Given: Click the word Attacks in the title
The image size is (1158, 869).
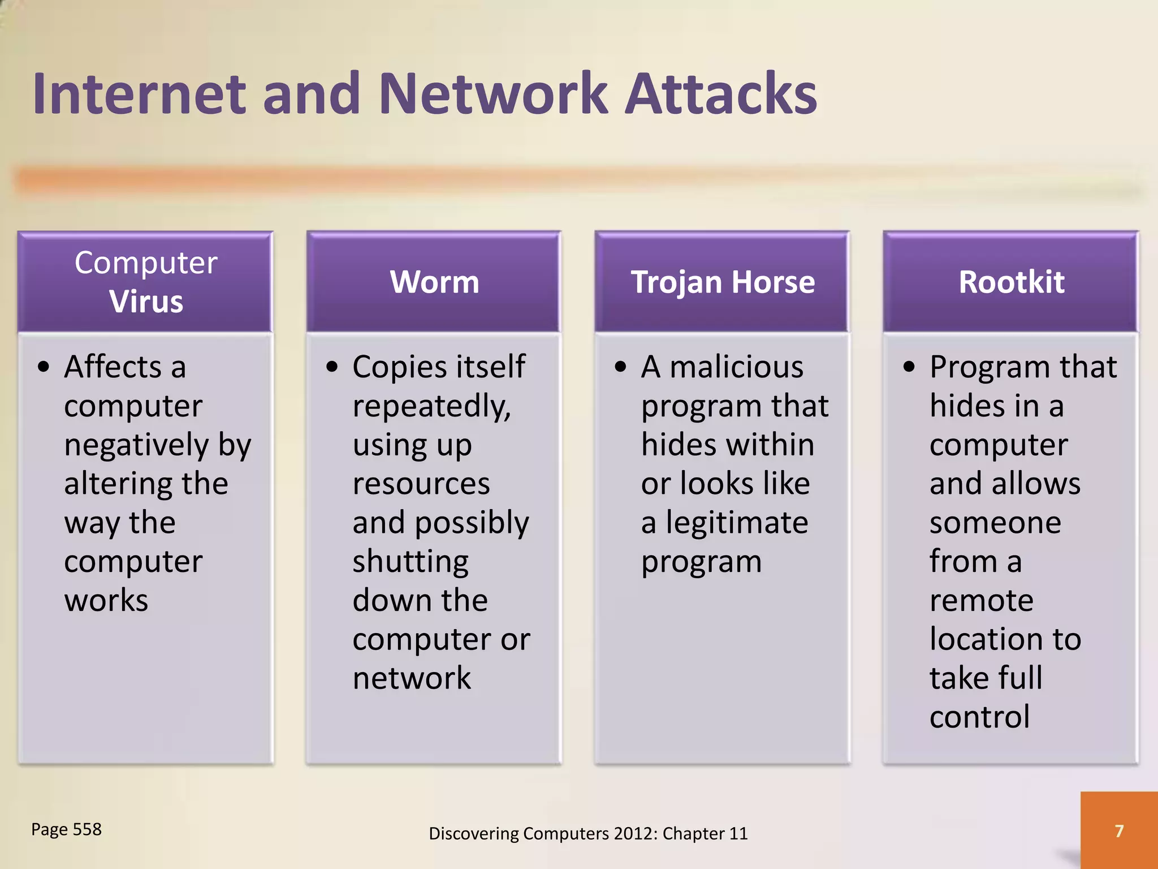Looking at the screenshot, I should (721, 93).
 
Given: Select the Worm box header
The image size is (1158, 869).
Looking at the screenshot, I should (434, 282).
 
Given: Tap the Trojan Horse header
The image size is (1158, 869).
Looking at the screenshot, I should (723, 282).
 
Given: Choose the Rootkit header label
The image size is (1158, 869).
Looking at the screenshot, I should (1011, 282).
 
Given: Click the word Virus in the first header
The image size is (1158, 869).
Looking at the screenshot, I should (146, 301).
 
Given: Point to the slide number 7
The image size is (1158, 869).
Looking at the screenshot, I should (1119, 831).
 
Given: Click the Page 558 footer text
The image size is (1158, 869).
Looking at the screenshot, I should (66, 829).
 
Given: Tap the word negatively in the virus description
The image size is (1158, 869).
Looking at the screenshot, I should (136, 445).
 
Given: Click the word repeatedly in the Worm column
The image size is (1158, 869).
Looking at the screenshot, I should (431, 407).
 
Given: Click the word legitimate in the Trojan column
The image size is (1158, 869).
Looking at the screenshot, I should (737, 522).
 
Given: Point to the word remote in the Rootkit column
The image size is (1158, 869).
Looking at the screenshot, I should (981, 600).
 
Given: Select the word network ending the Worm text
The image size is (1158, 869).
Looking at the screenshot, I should (412, 678).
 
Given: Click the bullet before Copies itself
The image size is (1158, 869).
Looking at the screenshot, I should (332, 367).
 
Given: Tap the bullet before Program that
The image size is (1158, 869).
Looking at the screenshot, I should (909, 367).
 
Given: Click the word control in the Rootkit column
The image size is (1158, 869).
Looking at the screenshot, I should (979, 717).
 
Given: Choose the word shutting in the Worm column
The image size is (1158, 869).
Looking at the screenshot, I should (411, 562).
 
